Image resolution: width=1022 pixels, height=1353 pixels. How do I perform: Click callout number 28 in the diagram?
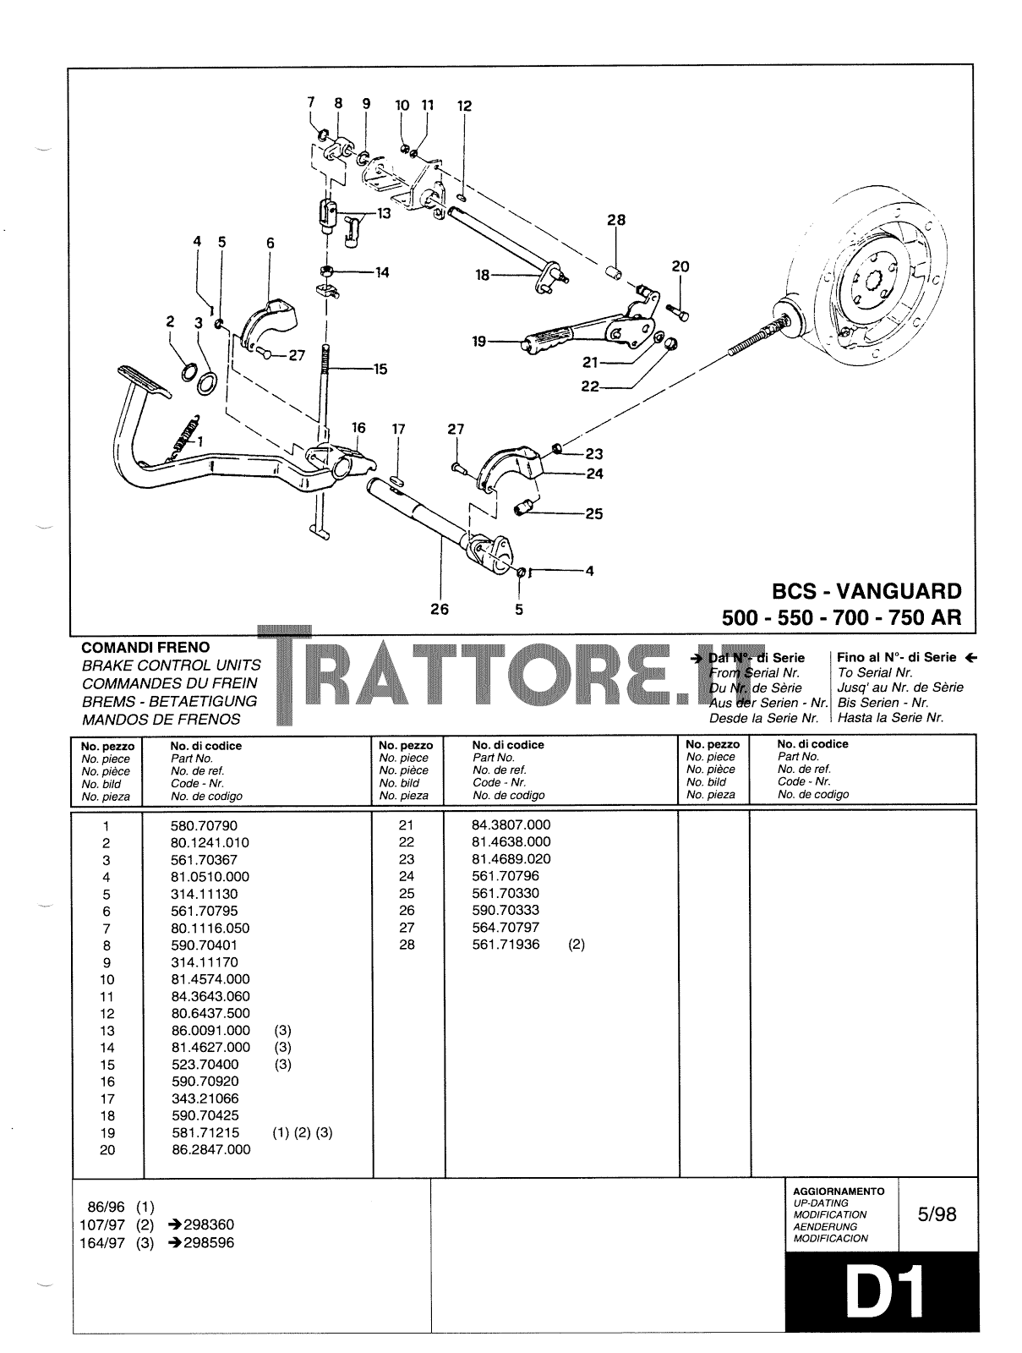coord(616,220)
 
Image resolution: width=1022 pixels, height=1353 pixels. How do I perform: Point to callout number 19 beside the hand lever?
coord(480,342)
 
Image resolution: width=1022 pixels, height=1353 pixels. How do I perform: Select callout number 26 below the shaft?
coord(440,609)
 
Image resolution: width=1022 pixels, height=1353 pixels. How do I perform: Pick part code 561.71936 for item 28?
coord(506,945)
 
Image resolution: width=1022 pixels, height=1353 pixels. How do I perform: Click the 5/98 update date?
coord(937,1214)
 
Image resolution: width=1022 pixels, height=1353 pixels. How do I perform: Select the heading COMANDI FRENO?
coord(145,647)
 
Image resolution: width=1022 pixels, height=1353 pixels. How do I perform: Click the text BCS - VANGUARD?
coord(866,591)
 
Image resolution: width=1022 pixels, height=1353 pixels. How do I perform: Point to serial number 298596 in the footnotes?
coord(209,1243)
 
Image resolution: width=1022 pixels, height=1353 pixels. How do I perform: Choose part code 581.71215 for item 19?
coord(205,1132)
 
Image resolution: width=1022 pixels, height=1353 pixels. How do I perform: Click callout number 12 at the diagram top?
coord(464,107)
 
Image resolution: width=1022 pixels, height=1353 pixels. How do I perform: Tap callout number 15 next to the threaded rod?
coord(380,369)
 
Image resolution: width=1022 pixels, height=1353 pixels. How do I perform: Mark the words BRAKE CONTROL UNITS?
coord(172,666)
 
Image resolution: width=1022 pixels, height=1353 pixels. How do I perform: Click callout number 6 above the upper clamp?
coord(271,243)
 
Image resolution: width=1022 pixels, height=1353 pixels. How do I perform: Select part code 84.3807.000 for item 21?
coord(511,824)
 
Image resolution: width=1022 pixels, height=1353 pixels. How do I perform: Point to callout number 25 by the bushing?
coord(594,513)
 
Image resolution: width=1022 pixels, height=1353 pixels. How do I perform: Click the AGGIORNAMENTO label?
coord(839,1191)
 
